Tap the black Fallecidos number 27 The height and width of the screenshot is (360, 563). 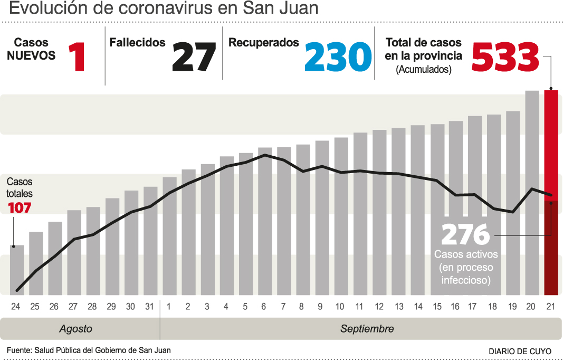tap(194, 56)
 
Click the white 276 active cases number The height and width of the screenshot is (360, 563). tap(465, 235)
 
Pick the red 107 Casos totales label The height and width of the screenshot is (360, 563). tap(20, 208)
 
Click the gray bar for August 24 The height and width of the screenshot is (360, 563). tap(17, 270)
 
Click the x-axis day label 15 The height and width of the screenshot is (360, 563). tap(437, 307)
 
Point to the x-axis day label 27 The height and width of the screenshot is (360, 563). tap(73, 307)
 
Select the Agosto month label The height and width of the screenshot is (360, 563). tap(75, 329)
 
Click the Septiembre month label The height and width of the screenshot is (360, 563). tap(367, 329)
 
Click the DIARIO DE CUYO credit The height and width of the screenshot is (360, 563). tap(520, 351)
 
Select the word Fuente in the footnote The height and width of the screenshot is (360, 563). tap(18, 350)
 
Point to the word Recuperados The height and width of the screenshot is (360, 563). tap(263, 43)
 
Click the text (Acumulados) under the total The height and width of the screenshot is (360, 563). tap(424, 69)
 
